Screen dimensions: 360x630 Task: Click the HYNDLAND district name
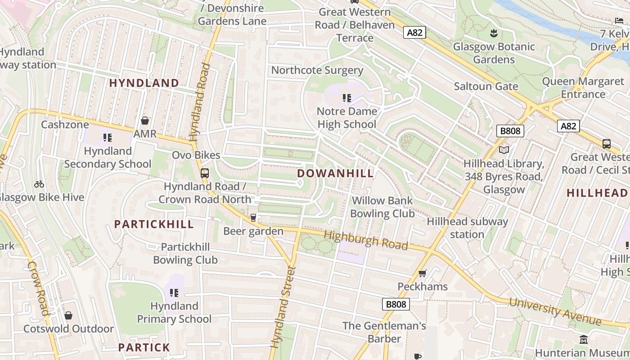[144, 83]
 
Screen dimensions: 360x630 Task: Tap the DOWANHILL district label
[335, 173]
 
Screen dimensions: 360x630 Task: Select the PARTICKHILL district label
[154, 224]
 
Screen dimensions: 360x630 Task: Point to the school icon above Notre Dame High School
[346, 98]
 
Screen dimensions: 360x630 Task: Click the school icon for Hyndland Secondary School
[107, 137]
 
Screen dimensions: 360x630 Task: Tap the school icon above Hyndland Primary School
[174, 293]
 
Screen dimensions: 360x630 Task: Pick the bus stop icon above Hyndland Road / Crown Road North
[205, 173]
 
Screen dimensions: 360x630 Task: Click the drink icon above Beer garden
[253, 218]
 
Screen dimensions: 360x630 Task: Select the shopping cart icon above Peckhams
[422, 273]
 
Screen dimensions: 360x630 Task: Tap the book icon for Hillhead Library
[504, 150]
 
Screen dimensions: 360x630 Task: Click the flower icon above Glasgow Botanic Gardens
[494, 33]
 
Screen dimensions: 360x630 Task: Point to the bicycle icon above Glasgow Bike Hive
[39, 184]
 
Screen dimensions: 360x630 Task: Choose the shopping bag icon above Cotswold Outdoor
[68, 315]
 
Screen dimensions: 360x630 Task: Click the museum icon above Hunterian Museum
[584, 339]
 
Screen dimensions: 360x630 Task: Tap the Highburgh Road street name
[365, 240]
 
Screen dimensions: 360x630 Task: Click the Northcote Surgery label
[317, 70]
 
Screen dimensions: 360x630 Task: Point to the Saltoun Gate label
[486, 86]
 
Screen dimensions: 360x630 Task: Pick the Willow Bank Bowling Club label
[382, 207]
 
